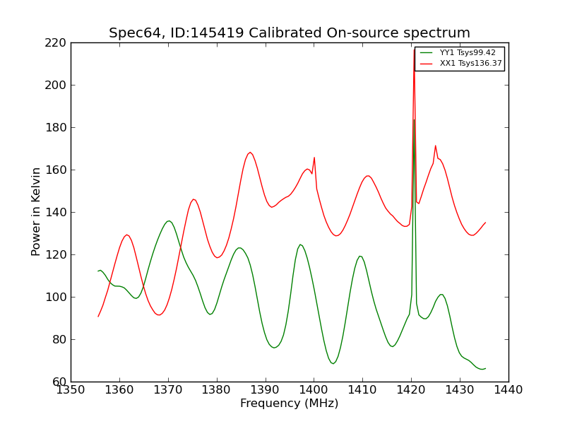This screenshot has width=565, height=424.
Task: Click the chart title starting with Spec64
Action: click(x=289, y=33)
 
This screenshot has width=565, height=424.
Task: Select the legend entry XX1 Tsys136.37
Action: click(x=470, y=64)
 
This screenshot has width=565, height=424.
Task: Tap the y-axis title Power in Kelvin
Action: click(x=37, y=211)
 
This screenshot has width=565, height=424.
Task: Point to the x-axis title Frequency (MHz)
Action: click(x=289, y=404)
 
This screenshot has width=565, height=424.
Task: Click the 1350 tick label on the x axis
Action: click(x=71, y=390)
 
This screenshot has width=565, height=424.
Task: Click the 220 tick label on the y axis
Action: click(x=56, y=42)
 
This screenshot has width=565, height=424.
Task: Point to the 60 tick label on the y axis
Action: click(x=59, y=382)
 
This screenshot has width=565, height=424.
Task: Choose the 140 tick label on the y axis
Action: click(x=56, y=212)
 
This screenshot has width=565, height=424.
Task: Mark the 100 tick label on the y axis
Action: click(x=56, y=297)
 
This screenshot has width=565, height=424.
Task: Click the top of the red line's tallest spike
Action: click(x=414, y=49)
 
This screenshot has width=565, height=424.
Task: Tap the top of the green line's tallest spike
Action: click(x=414, y=119)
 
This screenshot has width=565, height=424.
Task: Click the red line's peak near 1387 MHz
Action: click(x=250, y=152)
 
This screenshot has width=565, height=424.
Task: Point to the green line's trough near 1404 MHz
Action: click(x=333, y=363)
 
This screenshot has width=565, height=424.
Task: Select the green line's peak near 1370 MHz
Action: click(x=168, y=221)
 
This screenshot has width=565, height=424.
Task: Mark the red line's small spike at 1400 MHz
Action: click(x=314, y=158)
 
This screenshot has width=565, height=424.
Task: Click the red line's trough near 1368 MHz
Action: click(x=159, y=314)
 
